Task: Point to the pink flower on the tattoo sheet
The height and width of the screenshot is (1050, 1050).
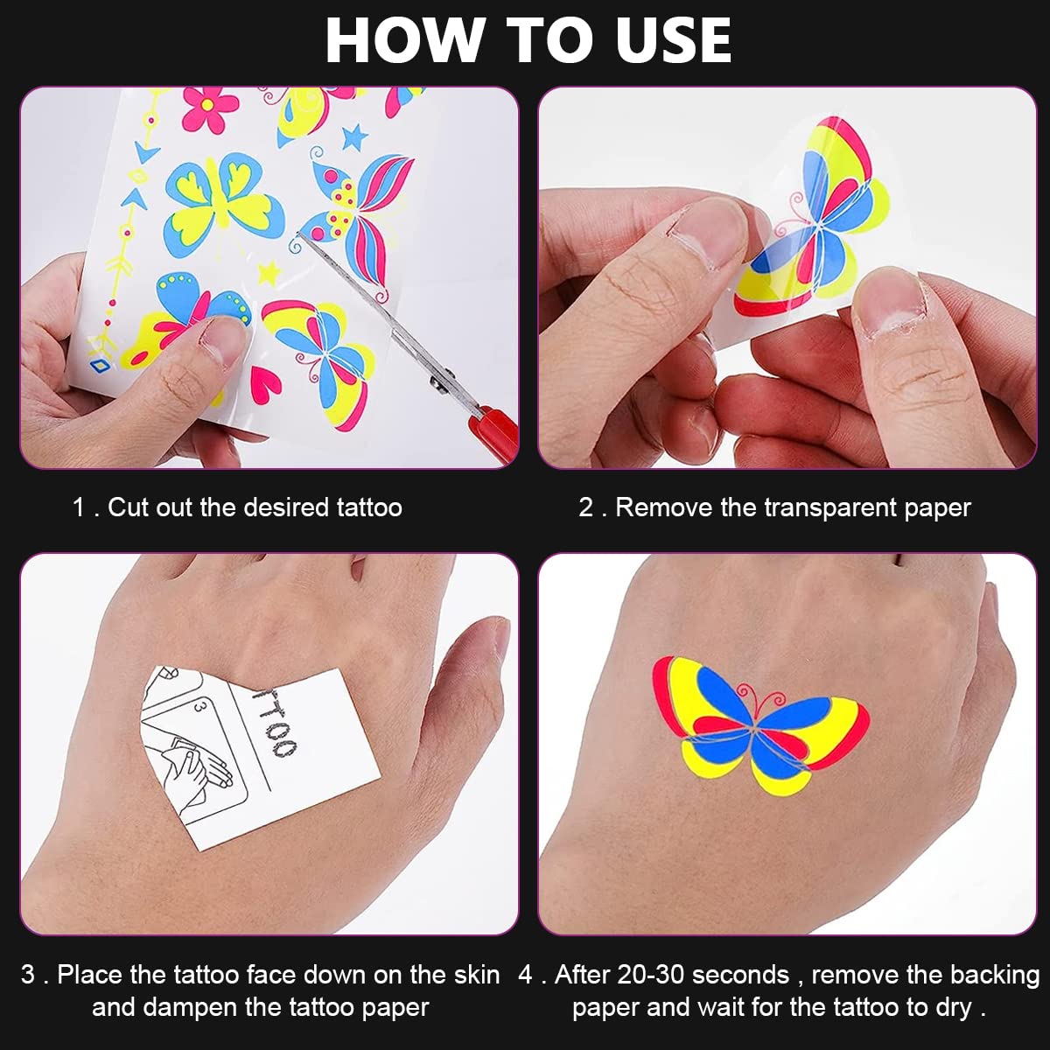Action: [209, 110]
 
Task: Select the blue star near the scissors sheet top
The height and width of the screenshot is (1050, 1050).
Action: [354, 136]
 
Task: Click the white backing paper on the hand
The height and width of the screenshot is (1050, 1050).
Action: [260, 758]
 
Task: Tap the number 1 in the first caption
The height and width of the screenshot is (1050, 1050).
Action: [79, 507]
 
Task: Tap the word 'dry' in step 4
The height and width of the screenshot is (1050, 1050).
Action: [954, 1008]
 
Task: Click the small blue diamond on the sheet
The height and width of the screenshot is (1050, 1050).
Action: [99, 364]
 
